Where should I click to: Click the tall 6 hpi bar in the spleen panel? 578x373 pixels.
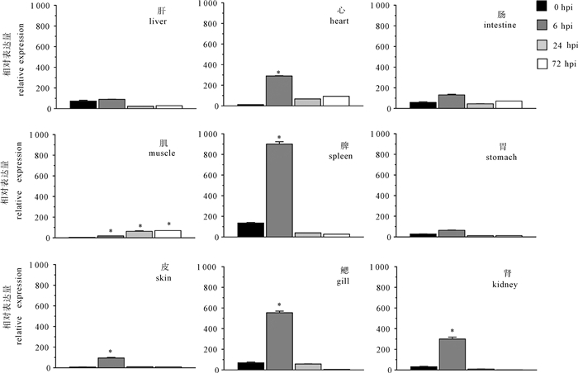tap(279, 190)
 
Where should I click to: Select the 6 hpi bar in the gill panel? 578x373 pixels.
tap(279, 341)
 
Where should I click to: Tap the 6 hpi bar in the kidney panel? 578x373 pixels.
tap(452, 354)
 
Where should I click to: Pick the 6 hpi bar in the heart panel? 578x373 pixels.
tap(279, 91)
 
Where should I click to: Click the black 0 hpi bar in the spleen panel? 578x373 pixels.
tap(251, 230)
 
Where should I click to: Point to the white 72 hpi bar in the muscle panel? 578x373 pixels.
tap(168, 234)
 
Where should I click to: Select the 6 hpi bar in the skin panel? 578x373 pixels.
tap(111, 362)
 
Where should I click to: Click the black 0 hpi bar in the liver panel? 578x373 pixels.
tap(83, 105)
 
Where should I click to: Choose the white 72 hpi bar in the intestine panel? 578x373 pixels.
tap(509, 105)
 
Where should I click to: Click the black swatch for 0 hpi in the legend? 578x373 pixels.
tap(542, 7)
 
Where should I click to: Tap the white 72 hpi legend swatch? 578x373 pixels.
tap(542, 64)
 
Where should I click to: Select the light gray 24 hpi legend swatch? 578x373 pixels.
tap(542, 45)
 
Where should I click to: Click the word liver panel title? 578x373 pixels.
tap(158, 21)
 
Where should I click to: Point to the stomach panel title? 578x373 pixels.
tap(501, 158)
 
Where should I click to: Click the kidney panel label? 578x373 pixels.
tap(505, 285)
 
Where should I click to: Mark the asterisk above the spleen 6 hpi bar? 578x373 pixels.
tap(279, 138)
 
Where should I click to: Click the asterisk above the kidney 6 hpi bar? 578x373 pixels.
tap(452, 331)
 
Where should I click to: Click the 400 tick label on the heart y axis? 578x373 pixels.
tap(211, 65)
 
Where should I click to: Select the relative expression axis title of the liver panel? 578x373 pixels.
tap(21, 59)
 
